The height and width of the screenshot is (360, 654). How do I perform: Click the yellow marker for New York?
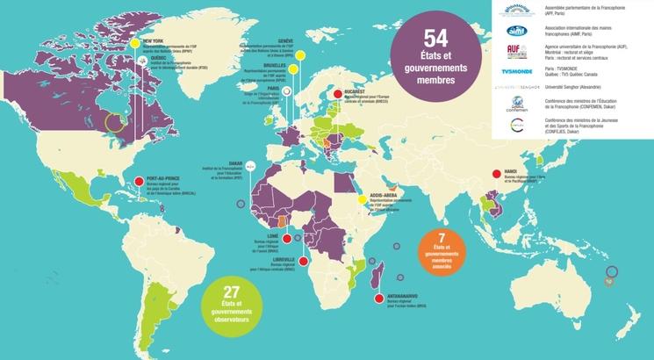pos(133,42)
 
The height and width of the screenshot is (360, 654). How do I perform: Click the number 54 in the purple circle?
pos(435,38)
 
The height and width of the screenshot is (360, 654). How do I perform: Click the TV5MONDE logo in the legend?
pos(516,71)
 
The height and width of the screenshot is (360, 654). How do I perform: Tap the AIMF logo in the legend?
pos(516,30)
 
